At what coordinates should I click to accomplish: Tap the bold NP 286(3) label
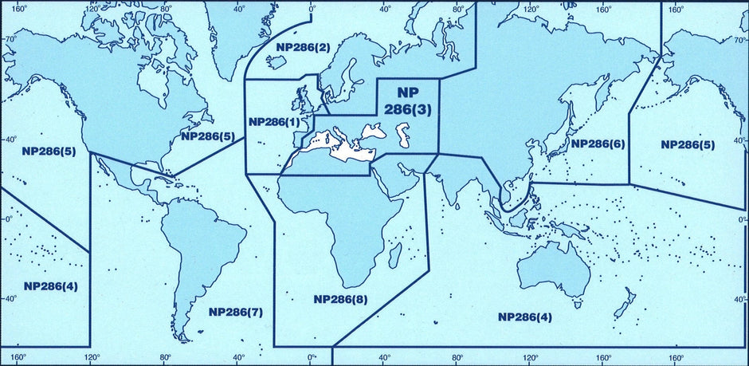(x=408, y=101)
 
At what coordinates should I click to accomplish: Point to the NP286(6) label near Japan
(x=598, y=144)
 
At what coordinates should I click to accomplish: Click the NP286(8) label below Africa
(x=340, y=300)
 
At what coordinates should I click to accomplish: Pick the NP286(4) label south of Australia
(x=525, y=317)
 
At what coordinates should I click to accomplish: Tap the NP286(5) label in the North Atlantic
(x=207, y=136)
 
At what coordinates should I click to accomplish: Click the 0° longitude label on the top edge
(x=312, y=10)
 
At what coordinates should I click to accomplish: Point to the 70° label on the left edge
(x=12, y=38)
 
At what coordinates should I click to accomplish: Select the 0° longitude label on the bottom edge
(x=312, y=356)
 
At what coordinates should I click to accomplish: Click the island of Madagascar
(x=394, y=254)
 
